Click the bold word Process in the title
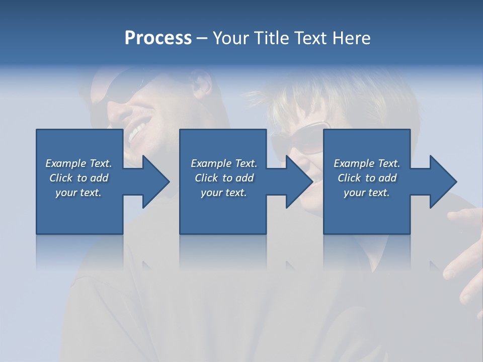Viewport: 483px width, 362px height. click(x=158, y=38)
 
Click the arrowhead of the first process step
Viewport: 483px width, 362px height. click(x=156, y=182)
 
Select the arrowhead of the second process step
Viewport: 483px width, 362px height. click(x=299, y=182)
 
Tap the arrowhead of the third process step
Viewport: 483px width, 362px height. click(x=443, y=182)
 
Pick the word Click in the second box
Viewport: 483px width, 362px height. click(x=205, y=178)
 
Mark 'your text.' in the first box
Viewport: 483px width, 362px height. click(x=78, y=193)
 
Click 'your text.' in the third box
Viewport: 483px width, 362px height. click(x=366, y=193)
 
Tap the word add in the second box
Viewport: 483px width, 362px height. click(x=245, y=178)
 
